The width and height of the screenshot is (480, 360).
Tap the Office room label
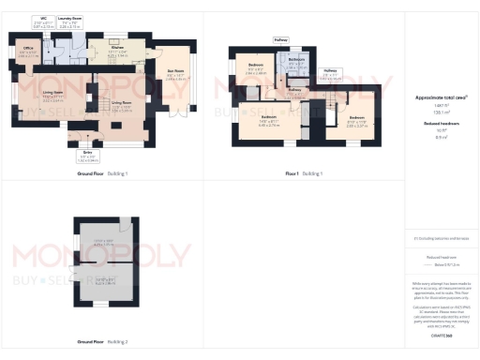click(28, 52)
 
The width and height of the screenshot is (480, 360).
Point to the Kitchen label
click(119, 52)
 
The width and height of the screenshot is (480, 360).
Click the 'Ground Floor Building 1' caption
click(102, 173)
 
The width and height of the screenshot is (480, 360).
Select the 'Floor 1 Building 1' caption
click(304, 173)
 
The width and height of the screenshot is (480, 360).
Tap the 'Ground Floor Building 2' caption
click(102, 341)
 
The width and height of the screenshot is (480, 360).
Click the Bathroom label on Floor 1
click(297, 62)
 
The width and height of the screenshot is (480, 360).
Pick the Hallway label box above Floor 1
click(280, 40)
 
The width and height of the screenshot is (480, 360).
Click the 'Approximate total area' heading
click(441, 97)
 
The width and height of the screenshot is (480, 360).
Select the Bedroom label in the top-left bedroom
click(256, 67)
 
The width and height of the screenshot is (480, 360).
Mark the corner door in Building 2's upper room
click(121, 224)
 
